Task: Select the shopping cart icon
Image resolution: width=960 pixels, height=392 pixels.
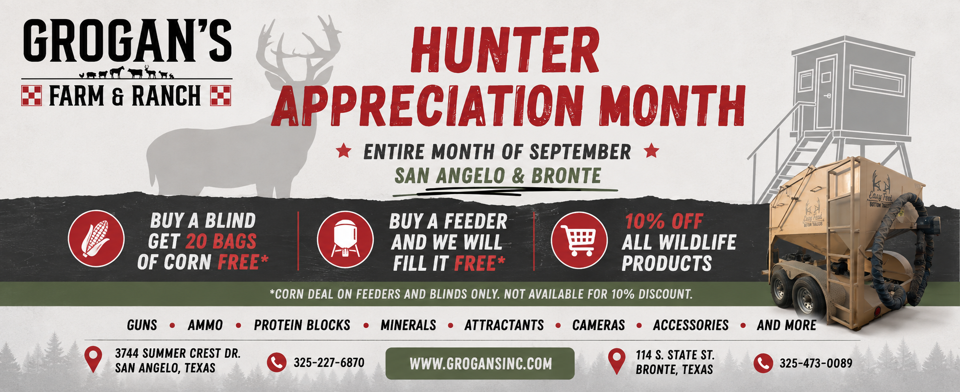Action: pos(579,240)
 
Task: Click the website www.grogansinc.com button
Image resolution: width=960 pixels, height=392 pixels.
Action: pos(480,364)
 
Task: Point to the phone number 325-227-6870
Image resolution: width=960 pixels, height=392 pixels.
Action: pos(329,363)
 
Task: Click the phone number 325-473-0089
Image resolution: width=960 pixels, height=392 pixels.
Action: pos(816,363)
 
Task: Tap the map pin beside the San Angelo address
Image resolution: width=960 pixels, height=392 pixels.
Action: pos(93,359)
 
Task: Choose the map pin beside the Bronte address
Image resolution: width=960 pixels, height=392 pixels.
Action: pos(617,362)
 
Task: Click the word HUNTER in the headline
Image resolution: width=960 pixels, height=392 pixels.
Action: pos(505,50)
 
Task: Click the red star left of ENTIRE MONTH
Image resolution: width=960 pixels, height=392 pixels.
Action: pos(344,151)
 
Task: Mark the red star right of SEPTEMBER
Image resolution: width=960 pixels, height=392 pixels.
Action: pos(651,151)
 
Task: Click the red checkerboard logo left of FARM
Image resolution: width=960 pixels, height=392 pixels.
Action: pos(32,95)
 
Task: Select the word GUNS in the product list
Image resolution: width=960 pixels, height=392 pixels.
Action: pos(142,325)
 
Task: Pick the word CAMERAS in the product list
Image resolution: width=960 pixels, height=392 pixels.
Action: pos(598,325)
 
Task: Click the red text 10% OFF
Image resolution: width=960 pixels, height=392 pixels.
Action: pos(664,221)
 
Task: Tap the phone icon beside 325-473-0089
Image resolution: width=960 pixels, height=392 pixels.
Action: pos(763,363)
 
